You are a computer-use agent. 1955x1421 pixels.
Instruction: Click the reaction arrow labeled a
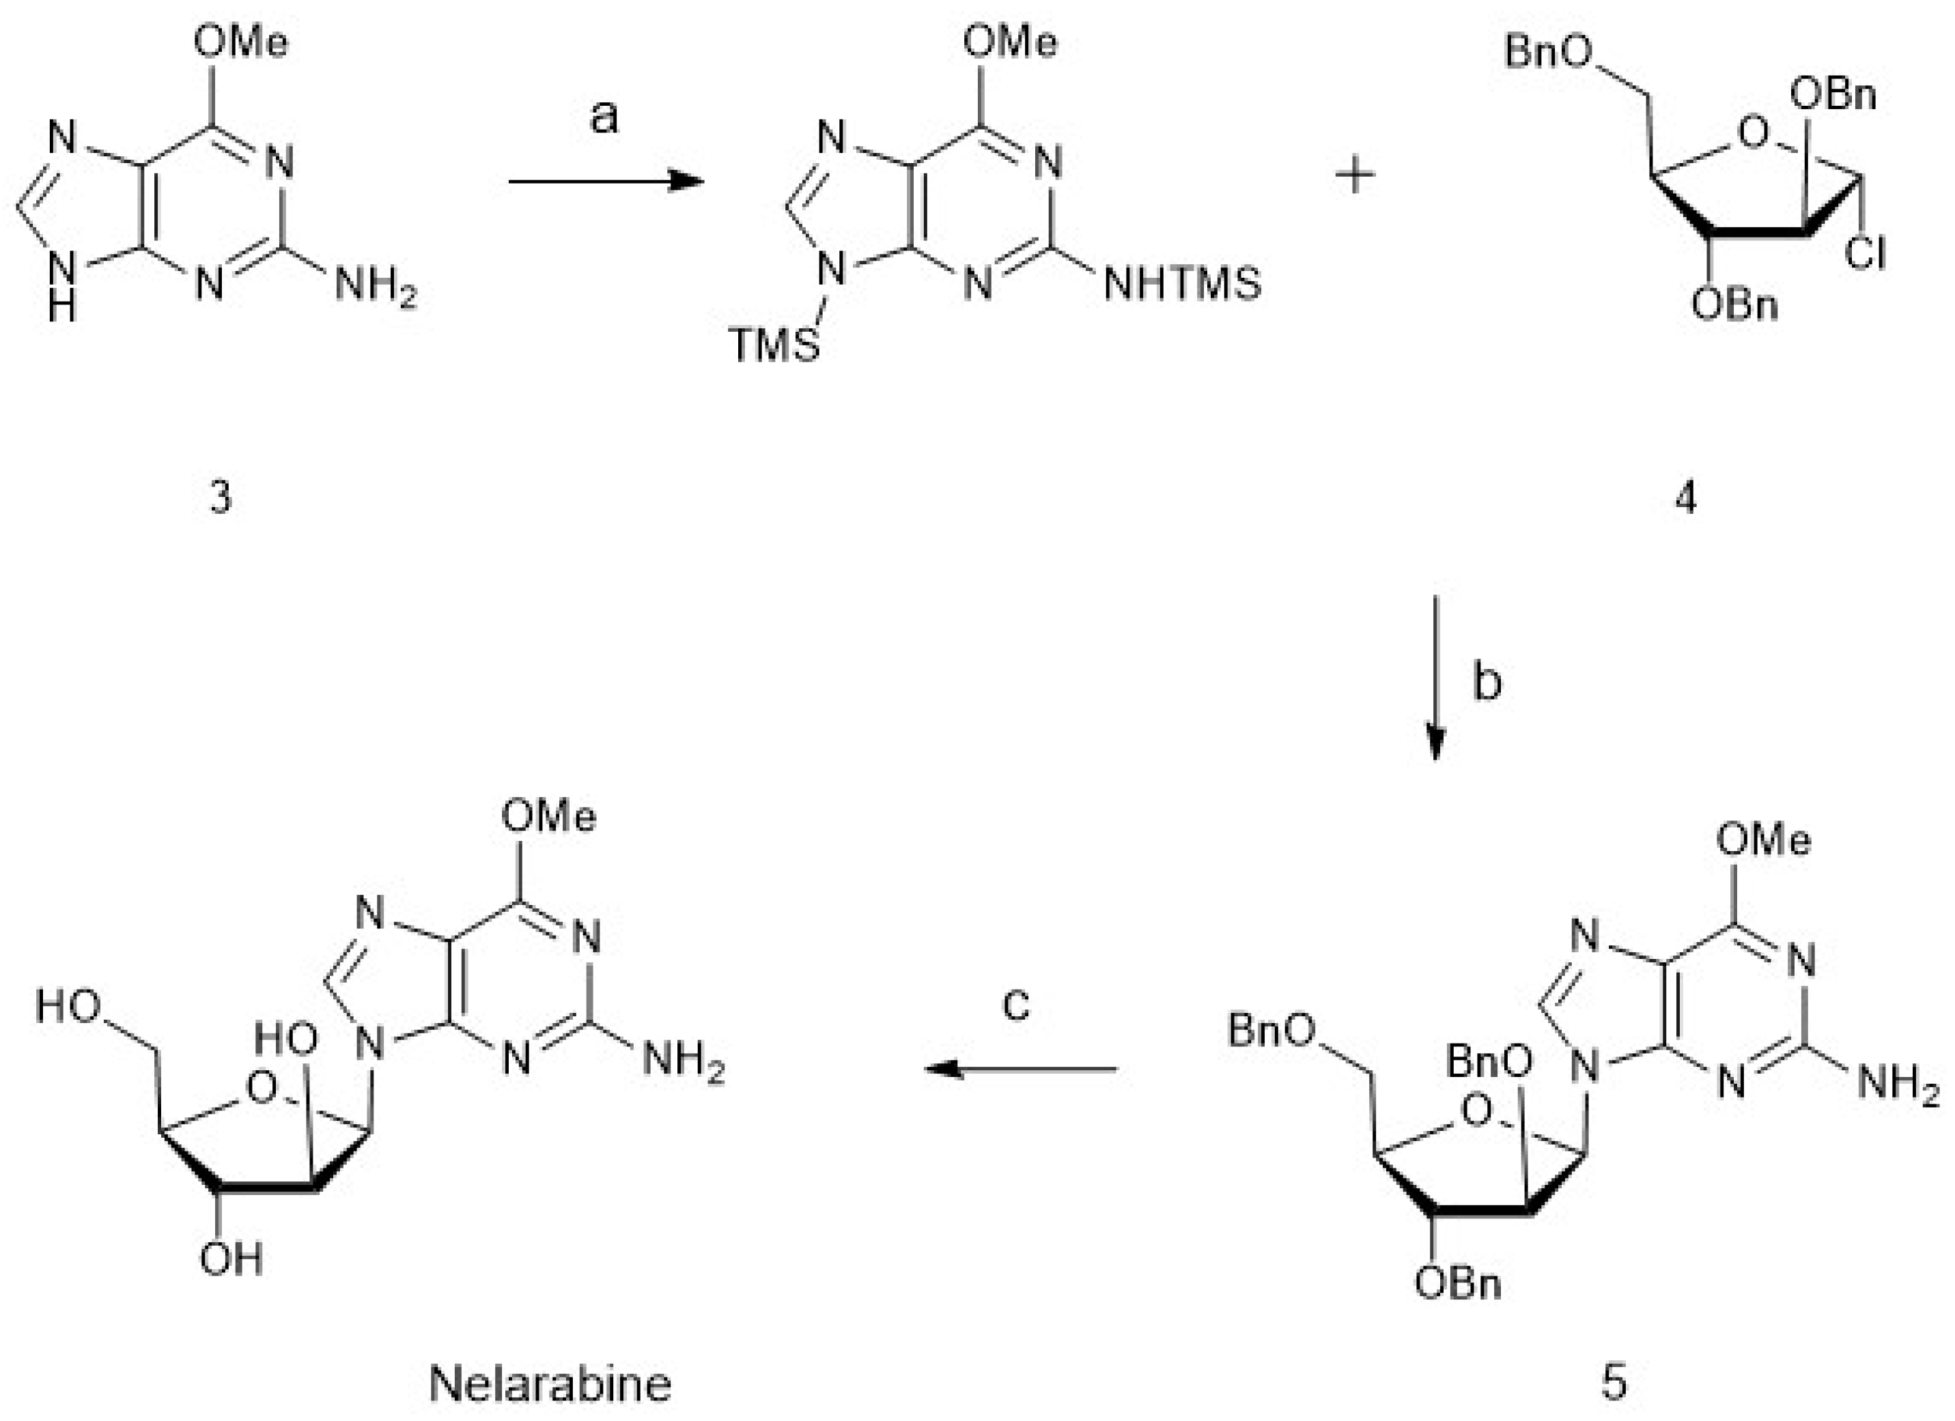[606, 181]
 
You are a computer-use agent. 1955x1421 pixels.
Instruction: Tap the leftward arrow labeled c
[1022, 1070]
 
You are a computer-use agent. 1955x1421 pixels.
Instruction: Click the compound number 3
[221, 498]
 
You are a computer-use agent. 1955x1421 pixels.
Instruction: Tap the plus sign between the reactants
[1355, 177]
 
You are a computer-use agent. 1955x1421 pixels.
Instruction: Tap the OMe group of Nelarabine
[548, 815]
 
